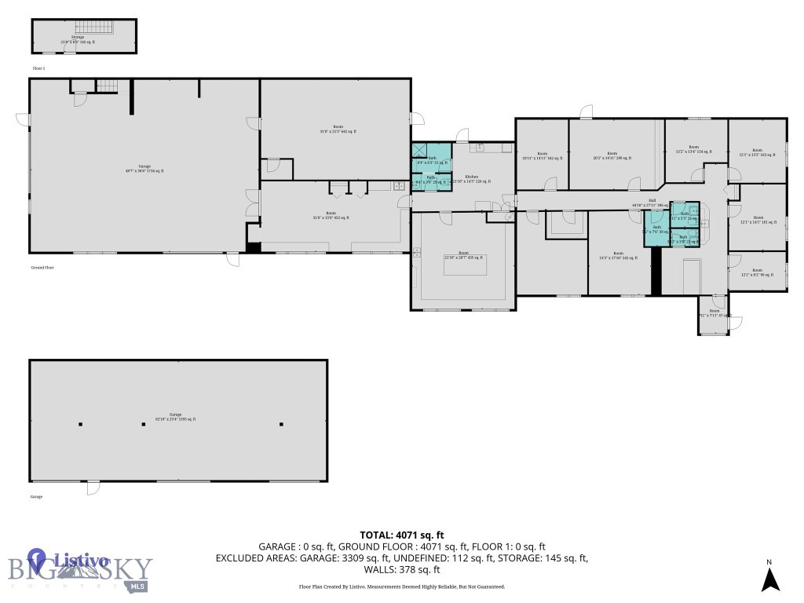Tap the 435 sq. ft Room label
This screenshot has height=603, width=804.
coord(464,257)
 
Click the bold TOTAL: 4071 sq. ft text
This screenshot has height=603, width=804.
coord(402,535)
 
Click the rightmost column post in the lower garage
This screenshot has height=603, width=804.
coord(281,425)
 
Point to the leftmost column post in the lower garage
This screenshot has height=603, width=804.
coord(80,425)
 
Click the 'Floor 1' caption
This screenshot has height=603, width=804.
coord(39,69)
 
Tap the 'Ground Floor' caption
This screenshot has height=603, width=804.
coord(42,267)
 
